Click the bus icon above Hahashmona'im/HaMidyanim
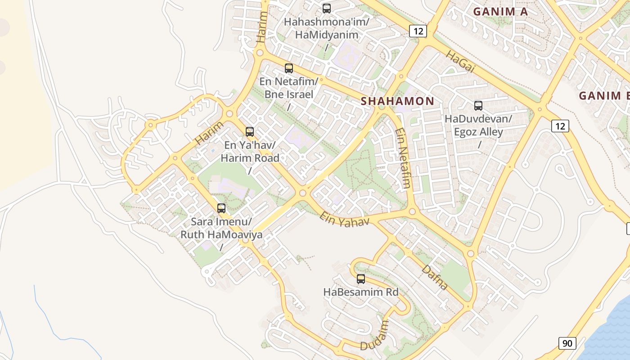327,8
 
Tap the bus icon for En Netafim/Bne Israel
289,68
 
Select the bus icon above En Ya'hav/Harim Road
250,132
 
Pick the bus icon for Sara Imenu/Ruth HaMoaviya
221,208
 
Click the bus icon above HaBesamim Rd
361,279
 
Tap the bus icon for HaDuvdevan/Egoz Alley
478,106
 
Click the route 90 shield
567,343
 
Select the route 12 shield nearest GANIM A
418,31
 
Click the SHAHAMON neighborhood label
397,101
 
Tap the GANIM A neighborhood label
500,12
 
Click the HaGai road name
460,61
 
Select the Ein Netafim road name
403,158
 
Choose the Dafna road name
435,277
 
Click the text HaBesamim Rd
361,292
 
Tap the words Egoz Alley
478,132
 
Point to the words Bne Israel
289,94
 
